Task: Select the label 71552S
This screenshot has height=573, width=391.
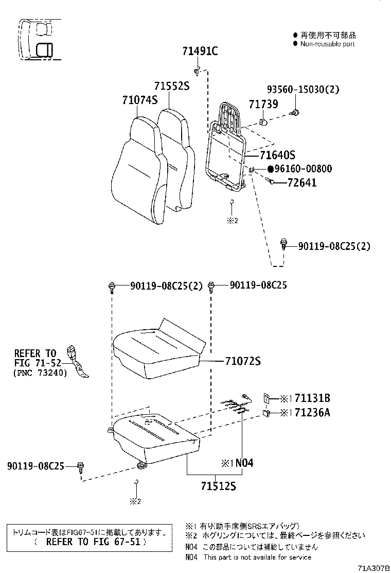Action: (172, 86)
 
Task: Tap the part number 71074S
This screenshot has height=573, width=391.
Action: (139, 100)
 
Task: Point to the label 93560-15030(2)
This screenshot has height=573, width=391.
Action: (303, 89)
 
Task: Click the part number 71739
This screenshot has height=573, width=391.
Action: (263, 104)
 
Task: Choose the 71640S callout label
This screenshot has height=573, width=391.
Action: (277, 155)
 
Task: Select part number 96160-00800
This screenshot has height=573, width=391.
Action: (303, 168)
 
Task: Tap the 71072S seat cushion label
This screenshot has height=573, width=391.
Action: (242, 362)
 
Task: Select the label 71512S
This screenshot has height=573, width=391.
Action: (218, 485)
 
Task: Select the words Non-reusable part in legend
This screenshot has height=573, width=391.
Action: (327, 44)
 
